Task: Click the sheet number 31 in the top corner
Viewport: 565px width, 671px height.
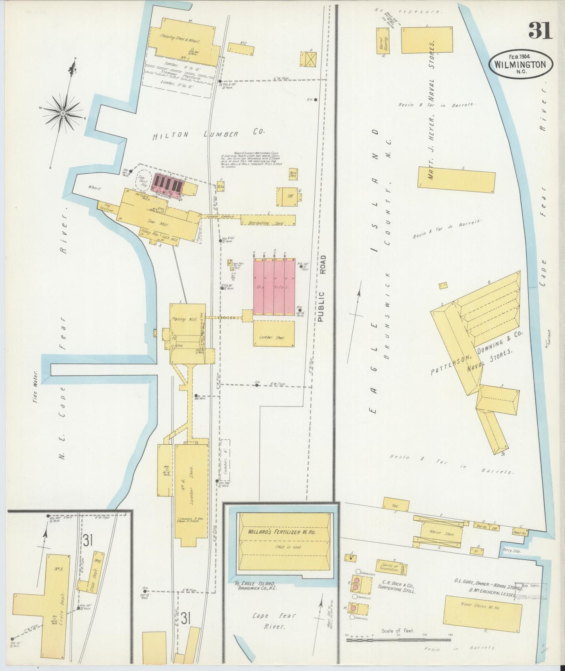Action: (x=540, y=30)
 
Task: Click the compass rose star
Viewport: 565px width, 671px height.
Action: (x=62, y=113)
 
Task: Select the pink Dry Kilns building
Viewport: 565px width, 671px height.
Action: (x=274, y=287)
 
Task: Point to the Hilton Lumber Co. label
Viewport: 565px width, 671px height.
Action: (x=208, y=134)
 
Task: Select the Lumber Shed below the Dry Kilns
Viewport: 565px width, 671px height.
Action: (x=274, y=334)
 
